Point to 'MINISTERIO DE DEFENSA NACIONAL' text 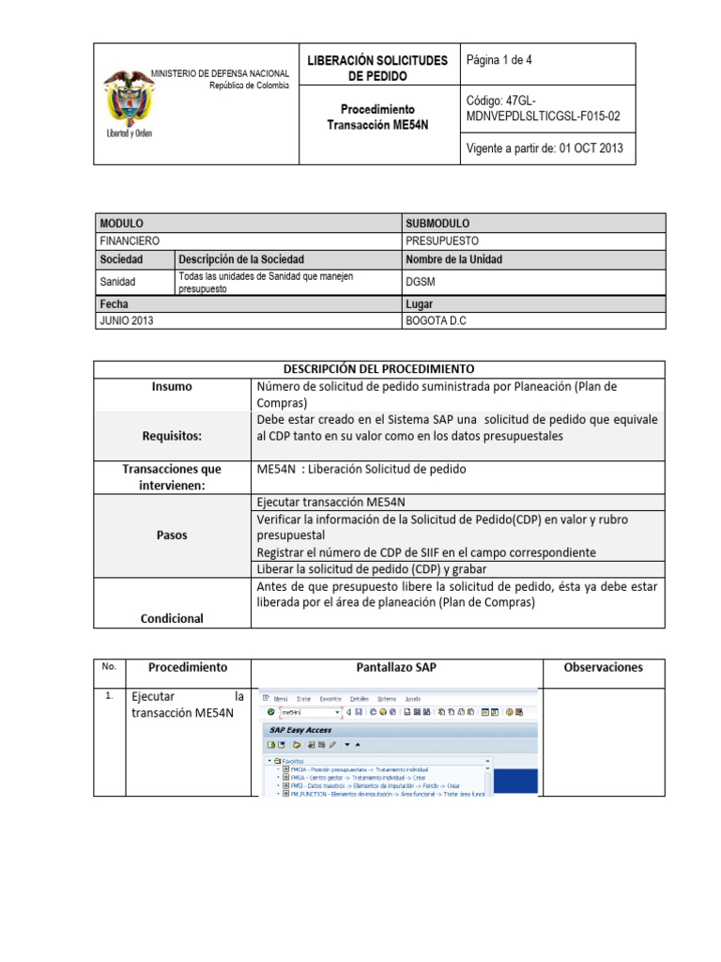(220, 73)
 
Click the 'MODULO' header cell (121, 224)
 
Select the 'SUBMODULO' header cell (437, 224)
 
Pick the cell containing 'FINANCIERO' (130, 241)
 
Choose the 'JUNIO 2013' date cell (127, 320)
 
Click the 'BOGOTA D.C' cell (436, 320)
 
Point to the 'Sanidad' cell (118, 281)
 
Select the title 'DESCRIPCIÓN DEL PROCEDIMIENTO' (378, 369)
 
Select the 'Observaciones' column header (603, 668)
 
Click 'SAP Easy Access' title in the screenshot (300, 730)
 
